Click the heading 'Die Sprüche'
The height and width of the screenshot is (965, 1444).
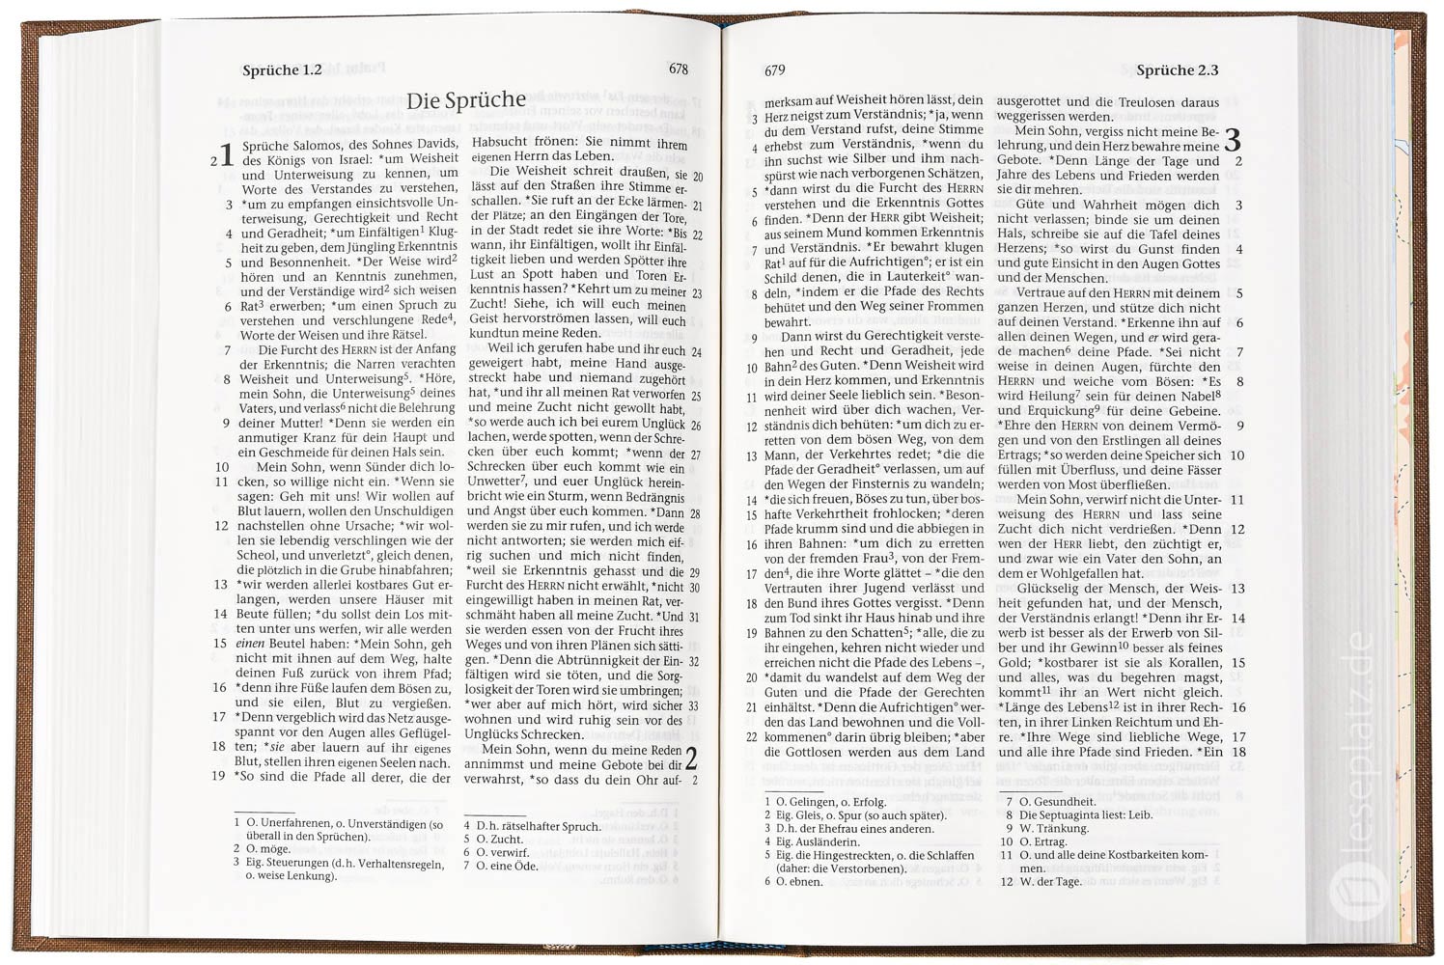click(465, 100)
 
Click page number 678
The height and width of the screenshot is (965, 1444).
click(678, 69)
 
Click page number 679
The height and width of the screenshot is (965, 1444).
click(774, 70)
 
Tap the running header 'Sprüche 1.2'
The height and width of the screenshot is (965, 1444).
click(282, 70)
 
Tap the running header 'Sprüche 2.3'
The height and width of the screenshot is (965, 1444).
click(1177, 70)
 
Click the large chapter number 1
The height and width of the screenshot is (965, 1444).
click(227, 154)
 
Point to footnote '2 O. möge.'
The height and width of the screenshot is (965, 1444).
click(262, 849)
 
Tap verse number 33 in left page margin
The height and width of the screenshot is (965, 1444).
click(694, 705)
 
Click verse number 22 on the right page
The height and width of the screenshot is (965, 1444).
click(751, 736)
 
